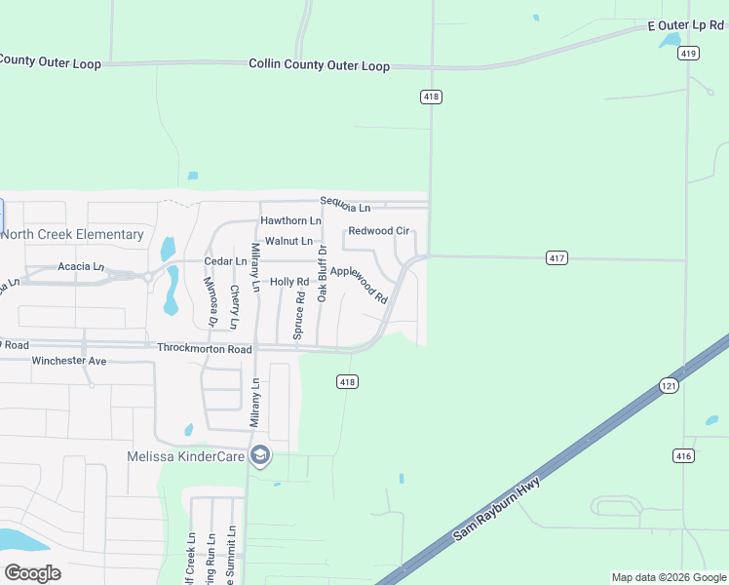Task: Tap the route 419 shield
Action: [689, 54]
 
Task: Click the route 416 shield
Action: [682, 455]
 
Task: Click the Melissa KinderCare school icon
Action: [259, 455]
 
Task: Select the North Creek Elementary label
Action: [72, 234]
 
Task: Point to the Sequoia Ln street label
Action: [346, 206]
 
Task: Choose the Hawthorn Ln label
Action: [290, 221]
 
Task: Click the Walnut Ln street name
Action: [289, 241]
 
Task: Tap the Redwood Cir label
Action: [379, 231]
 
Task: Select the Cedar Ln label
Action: [225, 261]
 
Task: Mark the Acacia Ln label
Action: [81, 266]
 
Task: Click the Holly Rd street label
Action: [289, 282]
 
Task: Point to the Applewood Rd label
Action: [359, 284]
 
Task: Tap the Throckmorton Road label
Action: [205, 348]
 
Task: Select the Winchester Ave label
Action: [68, 361]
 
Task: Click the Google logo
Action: [32, 572]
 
